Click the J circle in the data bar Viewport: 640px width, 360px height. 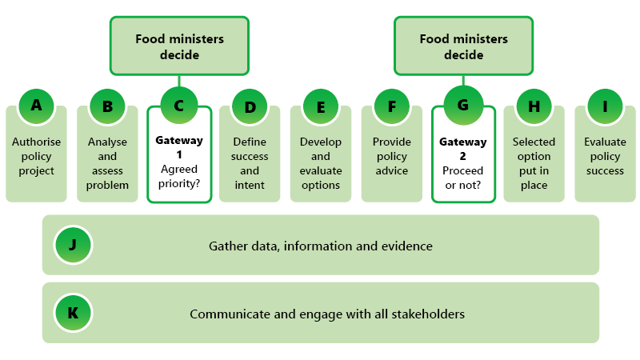(x=73, y=246)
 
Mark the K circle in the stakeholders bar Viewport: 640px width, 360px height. (x=73, y=313)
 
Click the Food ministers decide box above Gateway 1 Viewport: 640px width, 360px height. (x=178, y=47)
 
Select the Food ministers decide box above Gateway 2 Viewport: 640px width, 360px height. (x=463, y=47)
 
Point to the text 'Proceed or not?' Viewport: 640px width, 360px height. (x=463, y=177)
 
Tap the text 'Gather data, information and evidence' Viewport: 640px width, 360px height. (x=320, y=246)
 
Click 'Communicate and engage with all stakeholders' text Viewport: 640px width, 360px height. (x=326, y=314)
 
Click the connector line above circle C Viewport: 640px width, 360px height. (x=178, y=80)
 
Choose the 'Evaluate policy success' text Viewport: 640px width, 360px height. (x=606, y=156)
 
